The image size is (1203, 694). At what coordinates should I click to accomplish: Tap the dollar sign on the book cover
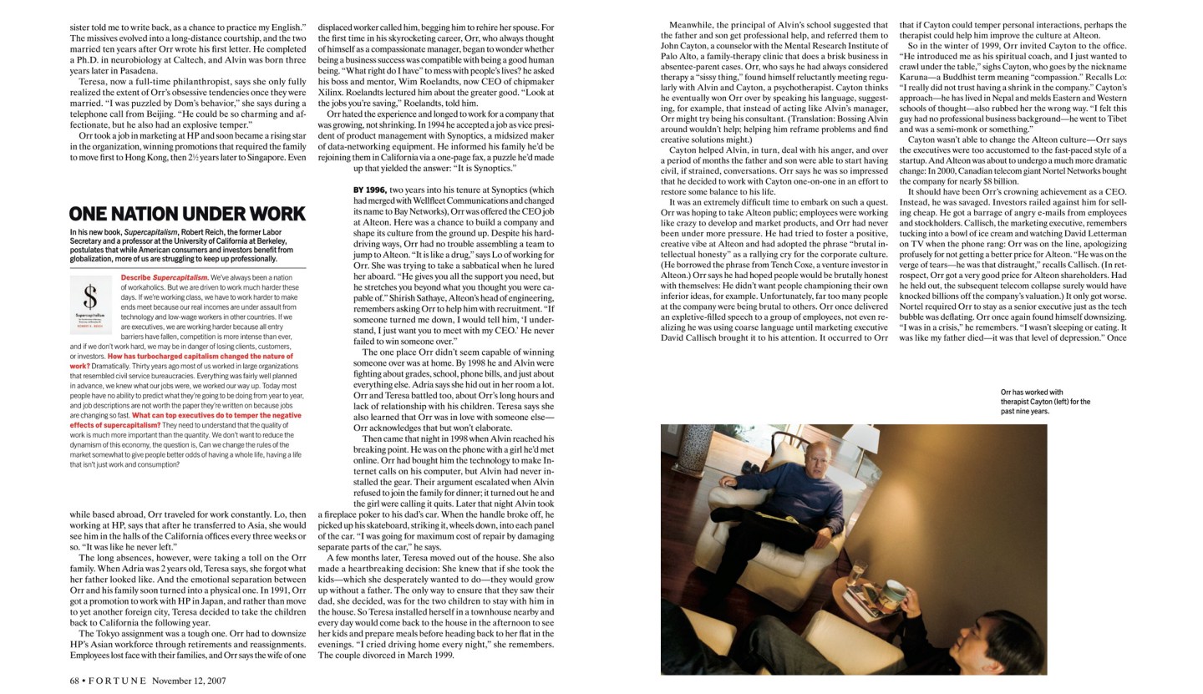tap(91, 298)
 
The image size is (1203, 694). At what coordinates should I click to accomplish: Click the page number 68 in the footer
tap(74, 681)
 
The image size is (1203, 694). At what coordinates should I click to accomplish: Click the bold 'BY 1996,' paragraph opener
tap(369, 190)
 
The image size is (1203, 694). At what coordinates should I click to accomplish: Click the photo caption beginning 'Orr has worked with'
tap(1045, 402)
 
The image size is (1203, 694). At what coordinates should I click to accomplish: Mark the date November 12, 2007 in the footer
tap(189, 681)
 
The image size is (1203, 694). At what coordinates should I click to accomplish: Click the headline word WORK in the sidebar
tap(271, 214)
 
